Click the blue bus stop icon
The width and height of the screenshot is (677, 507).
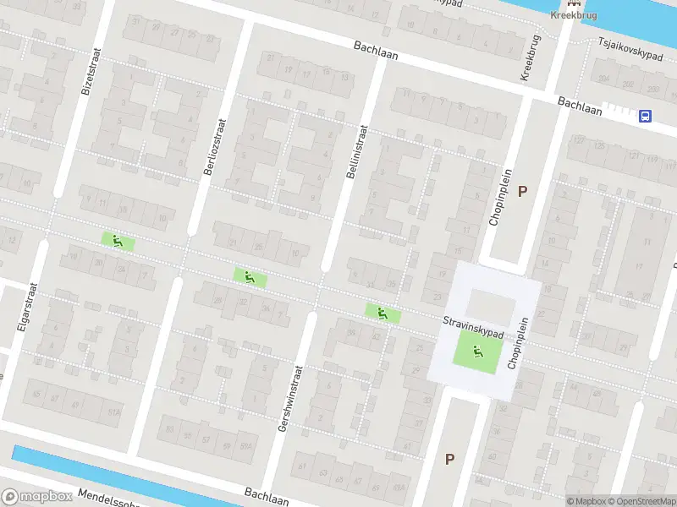pyautogui.click(x=646, y=117)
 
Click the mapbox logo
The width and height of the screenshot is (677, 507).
pyautogui.click(x=36, y=497)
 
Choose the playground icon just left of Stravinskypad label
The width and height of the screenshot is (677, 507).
pyautogui.click(x=383, y=313)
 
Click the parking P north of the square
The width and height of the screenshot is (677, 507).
pyautogui.click(x=522, y=191)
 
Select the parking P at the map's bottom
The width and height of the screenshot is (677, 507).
pyautogui.click(x=449, y=459)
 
